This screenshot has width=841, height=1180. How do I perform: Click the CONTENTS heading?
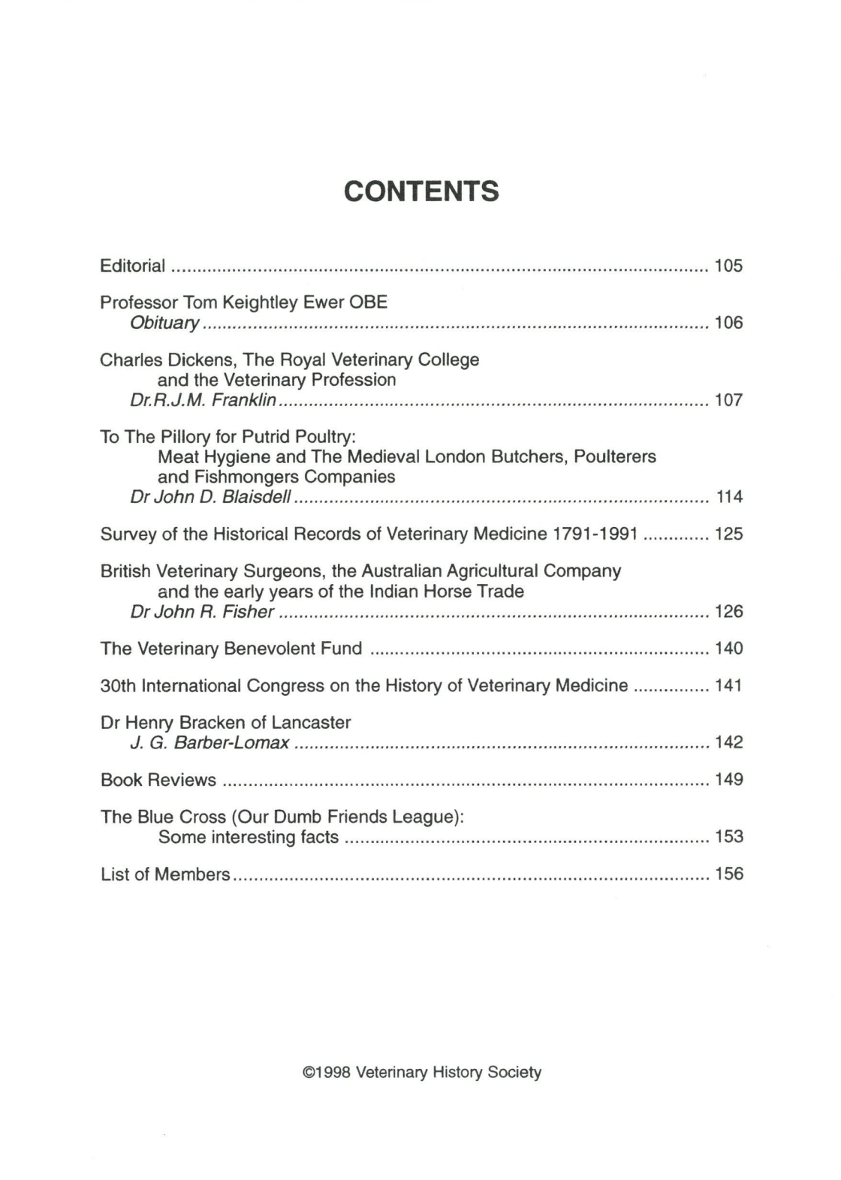click(421, 191)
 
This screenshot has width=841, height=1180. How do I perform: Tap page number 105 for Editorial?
click(728, 266)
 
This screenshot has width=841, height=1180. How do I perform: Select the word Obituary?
click(164, 324)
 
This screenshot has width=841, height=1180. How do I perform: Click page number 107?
click(728, 400)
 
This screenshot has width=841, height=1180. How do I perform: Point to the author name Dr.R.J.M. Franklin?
click(203, 400)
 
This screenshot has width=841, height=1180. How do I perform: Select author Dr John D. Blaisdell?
click(210, 497)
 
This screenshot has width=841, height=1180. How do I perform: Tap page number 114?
click(729, 497)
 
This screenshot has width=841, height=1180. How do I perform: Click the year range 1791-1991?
click(595, 534)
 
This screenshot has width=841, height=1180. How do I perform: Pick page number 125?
click(728, 534)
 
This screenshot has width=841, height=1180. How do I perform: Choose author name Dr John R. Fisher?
click(202, 612)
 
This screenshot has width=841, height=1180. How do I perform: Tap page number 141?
click(728, 685)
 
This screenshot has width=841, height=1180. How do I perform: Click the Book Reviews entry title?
click(158, 781)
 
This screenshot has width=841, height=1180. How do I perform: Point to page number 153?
click(728, 837)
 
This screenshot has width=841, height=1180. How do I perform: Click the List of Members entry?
click(165, 874)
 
